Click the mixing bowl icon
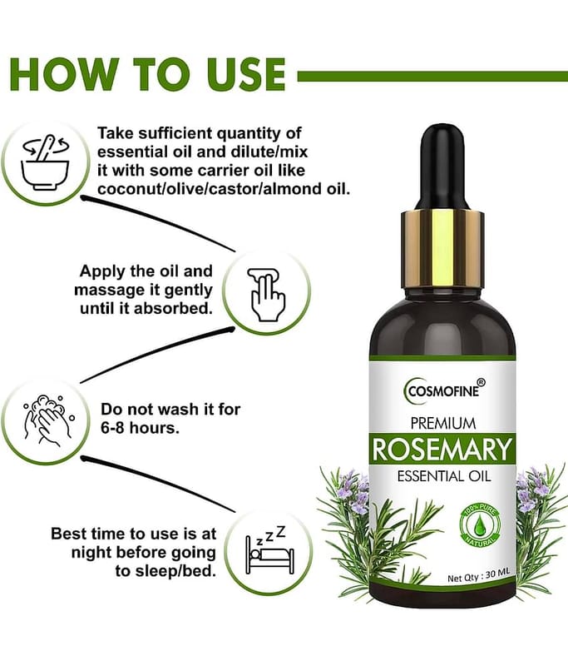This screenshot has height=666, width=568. [x=46, y=162]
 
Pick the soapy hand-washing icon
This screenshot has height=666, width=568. [x=47, y=421]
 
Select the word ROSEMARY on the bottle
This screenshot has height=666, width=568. [x=442, y=450]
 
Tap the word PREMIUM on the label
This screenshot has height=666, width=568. [x=442, y=423]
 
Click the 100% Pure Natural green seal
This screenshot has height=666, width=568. [x=480, y=524]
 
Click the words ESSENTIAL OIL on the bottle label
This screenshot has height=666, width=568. [x=444, y=475]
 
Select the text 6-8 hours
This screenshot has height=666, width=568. [x=140, y=428]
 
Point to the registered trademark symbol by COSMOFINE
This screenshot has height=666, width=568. [x=482, y=382]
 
